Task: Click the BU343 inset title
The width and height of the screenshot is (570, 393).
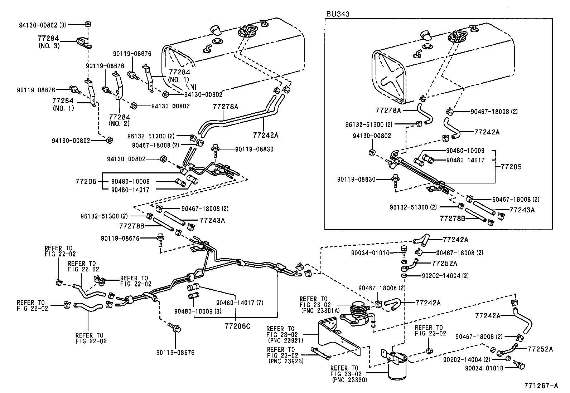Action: [337, 14]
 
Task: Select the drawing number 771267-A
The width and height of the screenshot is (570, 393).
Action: [541, 385]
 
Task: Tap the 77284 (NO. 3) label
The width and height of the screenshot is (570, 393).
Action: [49, 42]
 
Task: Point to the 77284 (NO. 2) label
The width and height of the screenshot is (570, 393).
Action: [119, 120]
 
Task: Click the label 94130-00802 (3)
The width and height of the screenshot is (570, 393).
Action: [42, 25]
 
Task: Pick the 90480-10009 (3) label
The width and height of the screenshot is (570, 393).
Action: [197, 311]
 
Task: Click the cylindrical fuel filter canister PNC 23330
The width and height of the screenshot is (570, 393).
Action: [397, 367]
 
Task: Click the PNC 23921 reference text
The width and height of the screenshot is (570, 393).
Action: [286, 340]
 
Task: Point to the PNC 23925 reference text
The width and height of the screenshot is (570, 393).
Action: [286, 361]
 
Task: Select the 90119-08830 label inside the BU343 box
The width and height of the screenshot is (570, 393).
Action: [356, 179]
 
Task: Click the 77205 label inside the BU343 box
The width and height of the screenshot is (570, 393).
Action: [511, 167]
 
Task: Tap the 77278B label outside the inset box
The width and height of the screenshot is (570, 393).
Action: [131, 226]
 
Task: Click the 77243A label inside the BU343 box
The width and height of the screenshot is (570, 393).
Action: [522, 210]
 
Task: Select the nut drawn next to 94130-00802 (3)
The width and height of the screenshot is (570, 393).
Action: [87, 24]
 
